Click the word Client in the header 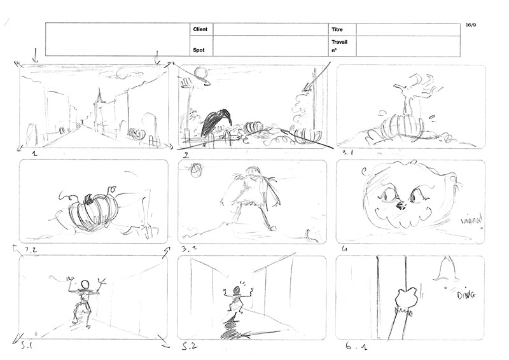click(x=200, y=30)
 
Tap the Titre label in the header click(x=337, y=30)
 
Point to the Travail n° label click(x=340, y=46)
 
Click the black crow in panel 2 click(x=215, y=121)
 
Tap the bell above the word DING click(x=450, y=272)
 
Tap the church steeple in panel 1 click(x=99, y=102)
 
